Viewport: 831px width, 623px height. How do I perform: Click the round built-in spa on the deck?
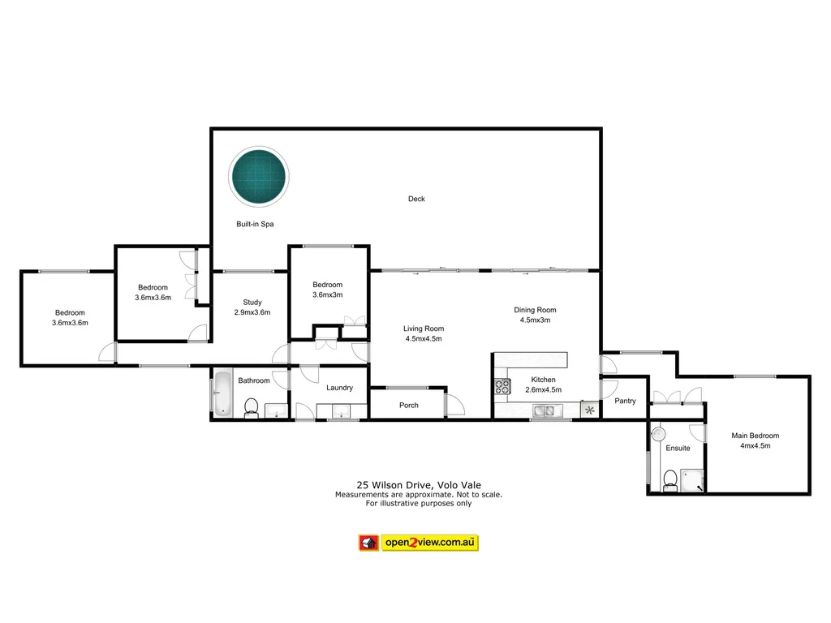coord(259,177)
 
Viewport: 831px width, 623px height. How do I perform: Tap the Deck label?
coord(416,199)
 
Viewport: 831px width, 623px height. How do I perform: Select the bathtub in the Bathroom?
coord(223,397)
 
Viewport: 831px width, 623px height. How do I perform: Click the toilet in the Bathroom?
coord(252,406)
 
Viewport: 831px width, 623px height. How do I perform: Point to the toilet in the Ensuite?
coord(670,480)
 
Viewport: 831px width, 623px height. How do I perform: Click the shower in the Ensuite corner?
coord(691,480)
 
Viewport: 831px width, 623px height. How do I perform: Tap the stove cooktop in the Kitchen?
coord(502,387)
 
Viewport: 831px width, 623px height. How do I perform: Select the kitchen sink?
coord(544,412)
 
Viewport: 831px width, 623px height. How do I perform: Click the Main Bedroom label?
coord(755,436)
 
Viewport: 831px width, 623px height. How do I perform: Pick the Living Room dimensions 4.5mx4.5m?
coord(423,339)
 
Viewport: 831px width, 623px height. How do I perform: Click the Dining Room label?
coord(535,310)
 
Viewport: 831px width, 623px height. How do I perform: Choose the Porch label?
coord(409,405)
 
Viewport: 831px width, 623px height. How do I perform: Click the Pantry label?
coord(625,401)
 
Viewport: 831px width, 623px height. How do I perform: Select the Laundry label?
coord(339,388)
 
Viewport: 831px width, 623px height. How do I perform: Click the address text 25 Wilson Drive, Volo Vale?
coord(418,485)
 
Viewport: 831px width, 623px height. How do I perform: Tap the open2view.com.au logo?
coord(418,543)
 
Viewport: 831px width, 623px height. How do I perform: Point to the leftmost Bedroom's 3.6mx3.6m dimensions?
coord(70,323)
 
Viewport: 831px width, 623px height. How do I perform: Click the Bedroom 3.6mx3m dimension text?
coord(328,294)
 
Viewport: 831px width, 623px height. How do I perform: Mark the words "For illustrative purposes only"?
coord(418,503)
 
